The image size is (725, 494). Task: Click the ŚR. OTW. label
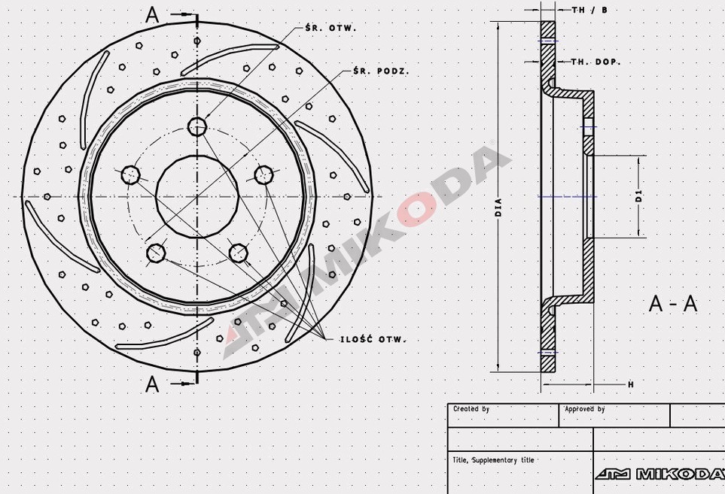(331, 28)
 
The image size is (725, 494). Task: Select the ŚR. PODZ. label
(382, 71)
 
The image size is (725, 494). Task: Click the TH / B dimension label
(589, 10)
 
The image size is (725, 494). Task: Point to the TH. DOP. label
(596, 62)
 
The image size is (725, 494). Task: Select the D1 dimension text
(638, 197)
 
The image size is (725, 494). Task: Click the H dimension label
(630, 384)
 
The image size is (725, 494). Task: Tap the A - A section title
(673, 304)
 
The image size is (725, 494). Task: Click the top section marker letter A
(153, 16)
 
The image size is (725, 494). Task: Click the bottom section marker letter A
(153, 384)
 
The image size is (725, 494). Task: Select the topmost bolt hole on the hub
(197, 126)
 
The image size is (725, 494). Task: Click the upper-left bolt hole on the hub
(131, 175)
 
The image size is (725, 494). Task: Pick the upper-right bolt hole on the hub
(263, 175)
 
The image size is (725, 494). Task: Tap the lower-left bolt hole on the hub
(156, 252)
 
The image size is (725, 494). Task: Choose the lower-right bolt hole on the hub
(238, 252)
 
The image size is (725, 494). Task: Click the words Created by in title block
(471, 409)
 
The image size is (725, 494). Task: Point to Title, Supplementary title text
(493, 459)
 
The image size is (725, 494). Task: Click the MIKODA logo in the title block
(660, 474)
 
